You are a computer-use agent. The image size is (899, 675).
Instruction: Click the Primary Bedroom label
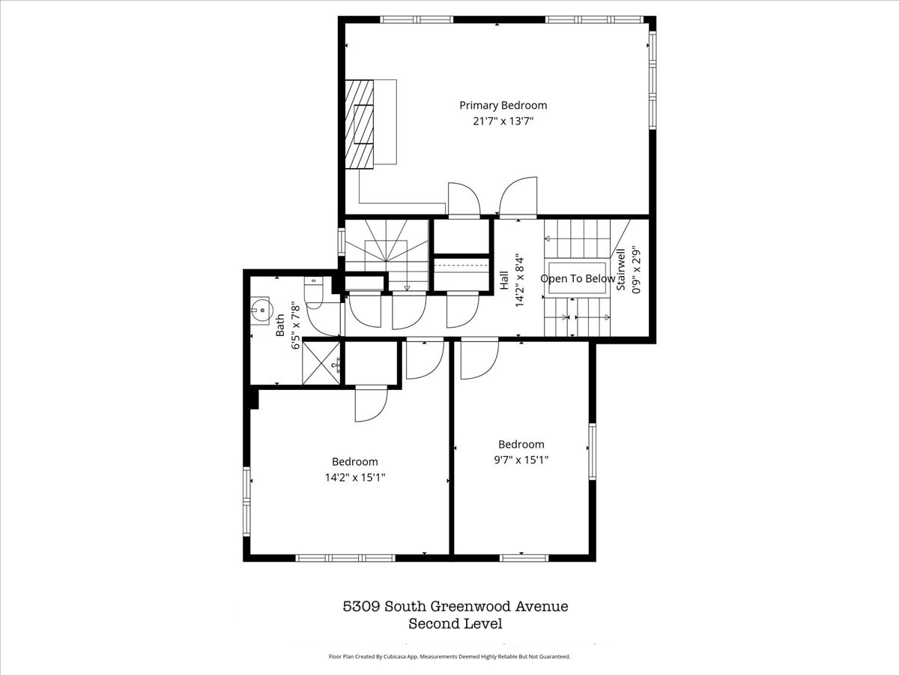coord(503,106)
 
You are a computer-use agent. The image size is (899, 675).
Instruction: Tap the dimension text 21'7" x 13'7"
coord(503,121)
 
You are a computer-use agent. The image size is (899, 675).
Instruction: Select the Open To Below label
coord(578,279)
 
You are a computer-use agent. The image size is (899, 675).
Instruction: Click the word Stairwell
coord(621,269)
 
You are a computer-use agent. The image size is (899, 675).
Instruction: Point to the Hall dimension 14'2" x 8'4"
coord(520,280)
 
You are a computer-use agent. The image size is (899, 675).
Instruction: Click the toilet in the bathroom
coord(314,292)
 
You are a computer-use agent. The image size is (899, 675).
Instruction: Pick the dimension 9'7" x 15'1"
coord(521,460)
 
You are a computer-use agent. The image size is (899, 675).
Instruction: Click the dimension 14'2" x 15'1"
coord(355,478)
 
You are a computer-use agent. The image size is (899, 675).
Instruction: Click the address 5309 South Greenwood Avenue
coord(455,606)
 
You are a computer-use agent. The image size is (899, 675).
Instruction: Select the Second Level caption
coord(455,624)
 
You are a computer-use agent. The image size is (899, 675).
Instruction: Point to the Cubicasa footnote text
coord(449,656)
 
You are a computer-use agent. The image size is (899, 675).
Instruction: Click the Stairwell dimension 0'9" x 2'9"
coord(636,270)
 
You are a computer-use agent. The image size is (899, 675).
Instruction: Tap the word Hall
coord(504,280)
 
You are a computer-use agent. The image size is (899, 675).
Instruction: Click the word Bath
coord(280,325)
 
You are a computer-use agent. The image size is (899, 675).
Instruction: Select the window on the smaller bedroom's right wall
coord(593,451)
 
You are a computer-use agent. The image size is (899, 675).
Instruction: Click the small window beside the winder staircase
coord(342,241)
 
